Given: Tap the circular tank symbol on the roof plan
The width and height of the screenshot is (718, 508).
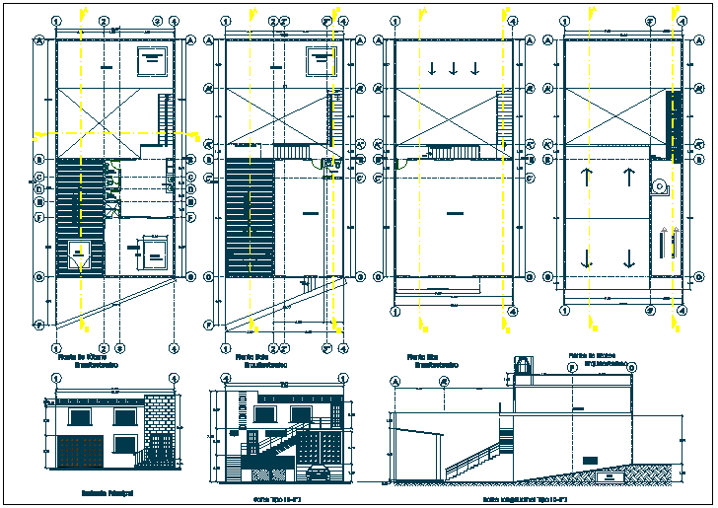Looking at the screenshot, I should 659,186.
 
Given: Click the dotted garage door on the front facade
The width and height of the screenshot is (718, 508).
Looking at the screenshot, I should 77,450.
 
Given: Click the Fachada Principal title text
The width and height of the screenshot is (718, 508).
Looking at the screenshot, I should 107,492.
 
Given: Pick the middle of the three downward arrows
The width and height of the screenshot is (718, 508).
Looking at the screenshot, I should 454,68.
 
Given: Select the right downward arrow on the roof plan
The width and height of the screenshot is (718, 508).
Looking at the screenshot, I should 628,259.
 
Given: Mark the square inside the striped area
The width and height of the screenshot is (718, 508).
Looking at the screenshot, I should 78,254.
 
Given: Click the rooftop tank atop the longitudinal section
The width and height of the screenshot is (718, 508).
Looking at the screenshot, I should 523,364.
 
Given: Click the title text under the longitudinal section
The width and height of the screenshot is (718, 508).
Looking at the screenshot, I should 523,500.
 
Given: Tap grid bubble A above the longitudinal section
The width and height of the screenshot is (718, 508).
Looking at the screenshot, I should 396,381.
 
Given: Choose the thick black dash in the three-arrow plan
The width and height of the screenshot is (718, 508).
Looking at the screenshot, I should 454,212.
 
